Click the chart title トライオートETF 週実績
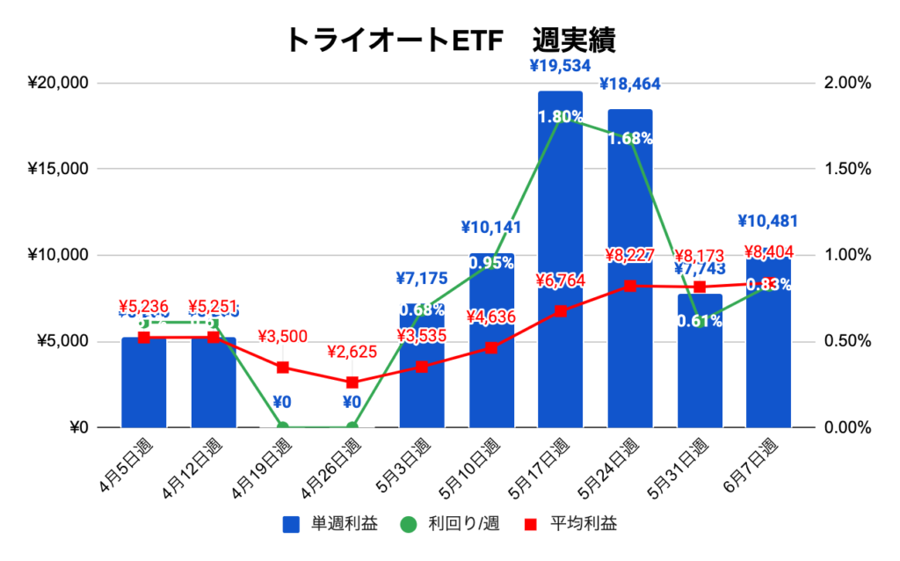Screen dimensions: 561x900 [450, 40]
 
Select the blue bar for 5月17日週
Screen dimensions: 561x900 [561, 264]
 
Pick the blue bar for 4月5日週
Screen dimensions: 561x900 [144, 387]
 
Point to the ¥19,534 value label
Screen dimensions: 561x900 [560, 64]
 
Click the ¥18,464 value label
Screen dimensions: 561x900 [630, 84]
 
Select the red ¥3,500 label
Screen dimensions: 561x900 [282, 337]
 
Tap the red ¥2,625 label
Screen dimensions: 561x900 [352, 353]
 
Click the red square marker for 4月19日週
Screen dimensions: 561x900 [282, 368]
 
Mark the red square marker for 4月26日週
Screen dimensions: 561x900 [352, 382]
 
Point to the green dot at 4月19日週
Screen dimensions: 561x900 [282, 427]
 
